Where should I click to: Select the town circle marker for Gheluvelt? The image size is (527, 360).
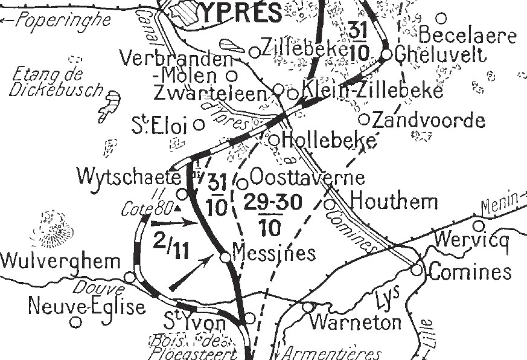[386, 54]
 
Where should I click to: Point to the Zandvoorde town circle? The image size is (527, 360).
[364, 119]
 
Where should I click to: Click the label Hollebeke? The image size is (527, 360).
[329, 139]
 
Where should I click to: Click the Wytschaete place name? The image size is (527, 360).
[129, 177]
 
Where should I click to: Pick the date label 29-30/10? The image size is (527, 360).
[273, 213]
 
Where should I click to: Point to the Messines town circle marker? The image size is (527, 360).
[225, 257]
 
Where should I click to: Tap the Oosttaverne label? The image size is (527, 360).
[307, 178]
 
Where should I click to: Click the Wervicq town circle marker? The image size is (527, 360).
[478, 226]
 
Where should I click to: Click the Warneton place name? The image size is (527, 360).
[355, 321]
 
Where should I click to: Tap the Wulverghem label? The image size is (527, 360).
[60, 262]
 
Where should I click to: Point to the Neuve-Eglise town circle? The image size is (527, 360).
[75, 322]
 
